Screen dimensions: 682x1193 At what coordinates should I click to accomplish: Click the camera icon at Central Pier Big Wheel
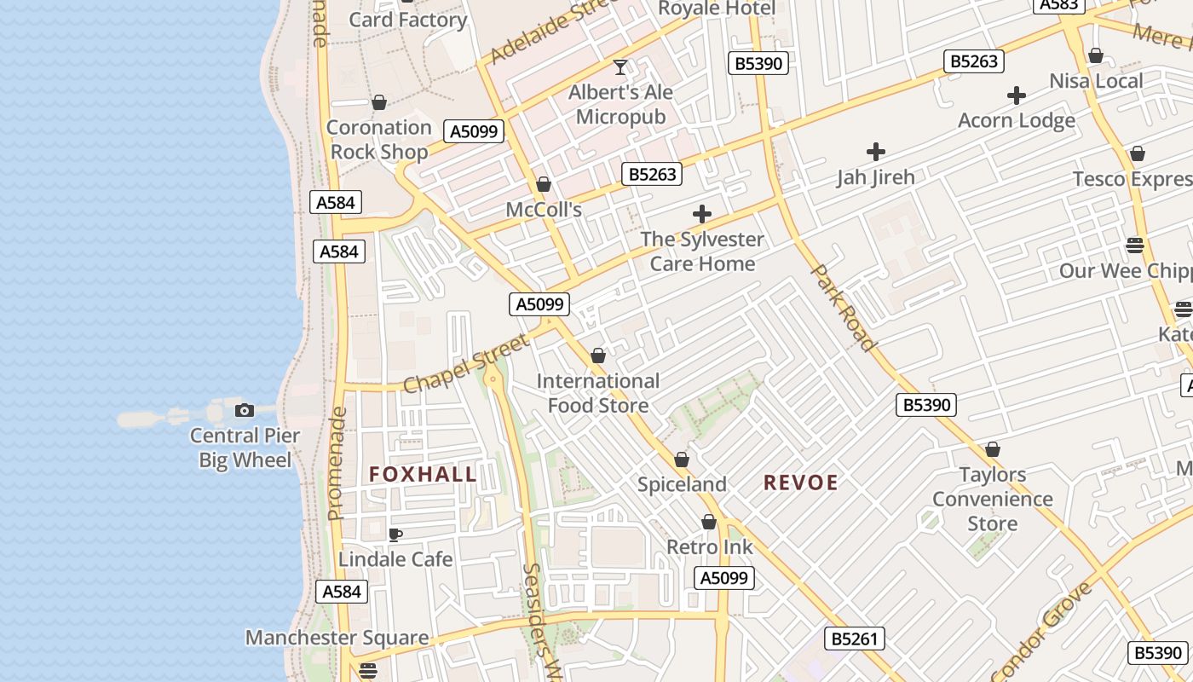[x=245, y=410]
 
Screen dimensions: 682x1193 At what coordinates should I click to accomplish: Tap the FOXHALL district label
[x=423, y=475]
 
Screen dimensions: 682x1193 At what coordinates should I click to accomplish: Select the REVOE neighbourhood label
[x=800, y=483]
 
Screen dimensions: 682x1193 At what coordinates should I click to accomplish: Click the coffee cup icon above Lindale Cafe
[x=395, y=535]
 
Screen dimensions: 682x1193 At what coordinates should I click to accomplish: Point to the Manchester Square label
[x=337, y=638]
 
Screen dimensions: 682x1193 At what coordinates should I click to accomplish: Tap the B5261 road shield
[x=854, y=639]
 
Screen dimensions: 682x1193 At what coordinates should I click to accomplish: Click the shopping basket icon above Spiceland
[x=682, y=459]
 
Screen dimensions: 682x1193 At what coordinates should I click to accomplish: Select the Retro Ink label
[x=709, y=546]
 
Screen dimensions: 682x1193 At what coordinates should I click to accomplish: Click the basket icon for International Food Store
[x=598, y=355]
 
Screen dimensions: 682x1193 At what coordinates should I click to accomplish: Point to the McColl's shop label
[x=544, y=210]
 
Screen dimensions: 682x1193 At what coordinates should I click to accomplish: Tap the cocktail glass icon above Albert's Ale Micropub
[x=620, y=66]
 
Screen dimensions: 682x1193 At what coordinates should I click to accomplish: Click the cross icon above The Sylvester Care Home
[x=702, y=214]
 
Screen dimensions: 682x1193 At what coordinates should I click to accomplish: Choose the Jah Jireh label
[x=875, y=177]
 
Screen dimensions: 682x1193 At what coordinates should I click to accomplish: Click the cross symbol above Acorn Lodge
[x=1016, y=95]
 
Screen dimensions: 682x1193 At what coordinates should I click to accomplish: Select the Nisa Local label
[x=1096, y=81]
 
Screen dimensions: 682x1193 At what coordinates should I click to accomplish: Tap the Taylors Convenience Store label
[x=993, y=499]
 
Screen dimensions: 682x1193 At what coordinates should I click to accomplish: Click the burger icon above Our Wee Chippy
[x=1134, y=246]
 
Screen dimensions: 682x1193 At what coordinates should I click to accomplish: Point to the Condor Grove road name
[x=1042, y=629]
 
